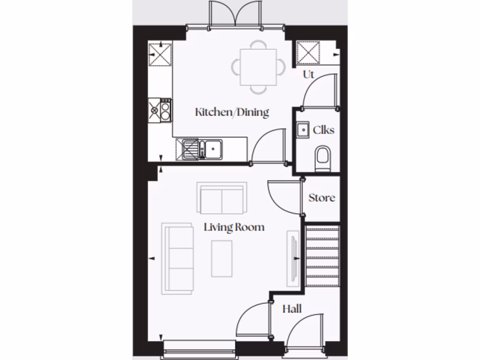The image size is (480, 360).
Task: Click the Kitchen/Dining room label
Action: click(x=232, y=112)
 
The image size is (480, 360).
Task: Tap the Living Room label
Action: click(x=234, y=227)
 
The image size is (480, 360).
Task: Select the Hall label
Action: click(x=292, y=309)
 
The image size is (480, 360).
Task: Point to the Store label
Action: click(x=322, y=198)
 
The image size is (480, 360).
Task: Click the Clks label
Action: click(x=323, y=130)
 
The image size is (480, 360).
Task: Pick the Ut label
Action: click(x=308, y=75)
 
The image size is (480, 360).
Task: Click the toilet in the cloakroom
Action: click(x=323, y=157)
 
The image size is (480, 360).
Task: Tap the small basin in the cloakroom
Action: click(x=302, y=129)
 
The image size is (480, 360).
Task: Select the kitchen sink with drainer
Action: click(x=200, y=150)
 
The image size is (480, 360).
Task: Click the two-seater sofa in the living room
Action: click(x=222, y=197)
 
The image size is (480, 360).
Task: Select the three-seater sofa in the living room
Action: click(x=178, y=258)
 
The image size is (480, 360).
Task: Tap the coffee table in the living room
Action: click(x=222, y=258)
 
